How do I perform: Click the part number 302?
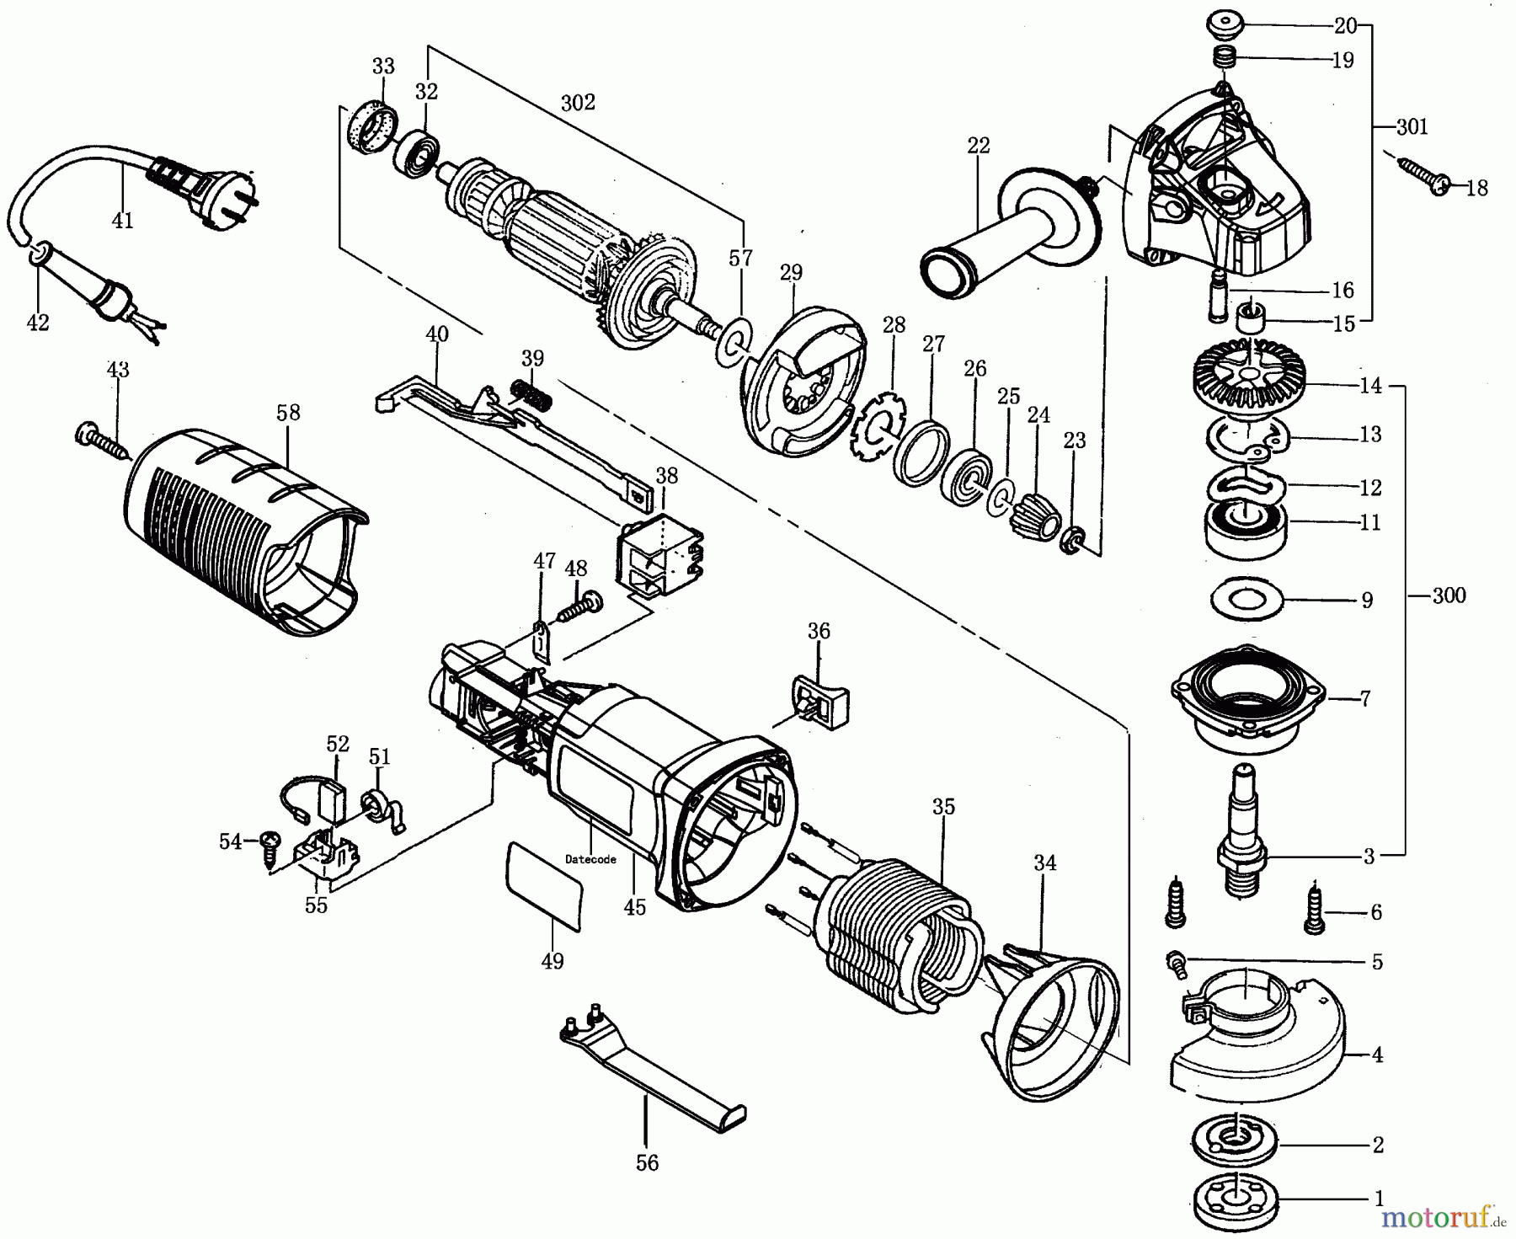pyautogui.click(x=578, y=102)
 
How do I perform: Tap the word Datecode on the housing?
pyautogui.click(x=590, y=859)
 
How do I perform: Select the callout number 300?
pyautogui.click(x=1449, y=595)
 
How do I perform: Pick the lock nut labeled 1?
pyautogui.click(x=1235, y=1201)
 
